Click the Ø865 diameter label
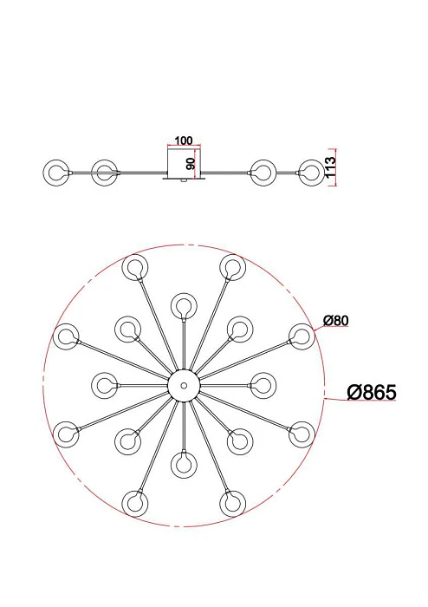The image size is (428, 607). click(372, 392)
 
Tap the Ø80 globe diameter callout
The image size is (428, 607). click(336, 320)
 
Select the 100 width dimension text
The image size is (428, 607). click(184, 140)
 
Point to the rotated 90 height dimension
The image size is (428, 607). click(191, 164)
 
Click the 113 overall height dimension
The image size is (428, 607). click(331, 166)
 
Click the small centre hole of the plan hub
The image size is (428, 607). click(184, 386)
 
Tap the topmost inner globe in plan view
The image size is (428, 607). click(184, 306)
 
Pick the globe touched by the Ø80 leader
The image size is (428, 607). click(302, 336)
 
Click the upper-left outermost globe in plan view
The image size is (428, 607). click(135, 267)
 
